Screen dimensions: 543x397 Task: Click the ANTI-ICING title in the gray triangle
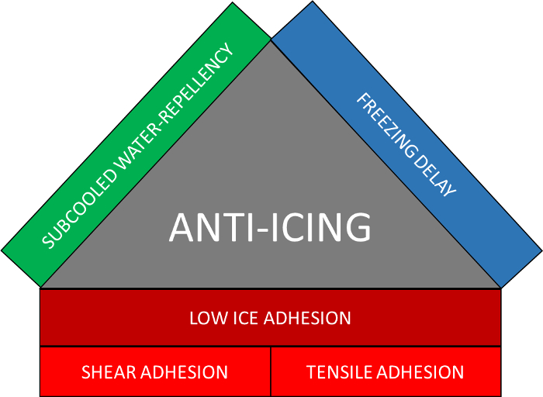tap(270, 228)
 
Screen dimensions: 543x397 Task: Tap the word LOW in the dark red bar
tap(204, 318)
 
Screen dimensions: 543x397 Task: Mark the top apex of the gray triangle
tap(271, 41)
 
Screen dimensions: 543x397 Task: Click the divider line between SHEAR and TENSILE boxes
tap(271, 371)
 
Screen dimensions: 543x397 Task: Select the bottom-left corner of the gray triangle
tap(42, 288)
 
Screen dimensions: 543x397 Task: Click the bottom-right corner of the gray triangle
tap(500, 288)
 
